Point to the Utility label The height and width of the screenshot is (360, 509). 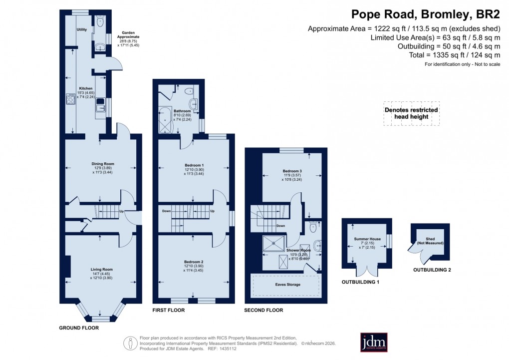(82, 30)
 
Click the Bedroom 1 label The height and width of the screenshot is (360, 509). (194, 165)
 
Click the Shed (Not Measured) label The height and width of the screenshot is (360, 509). (427, 240)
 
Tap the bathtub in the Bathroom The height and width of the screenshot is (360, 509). (165, 121)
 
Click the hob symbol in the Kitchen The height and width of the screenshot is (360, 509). (70, 98)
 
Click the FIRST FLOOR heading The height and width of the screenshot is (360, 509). (169, 310)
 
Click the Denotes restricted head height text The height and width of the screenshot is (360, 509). (411, 113)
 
